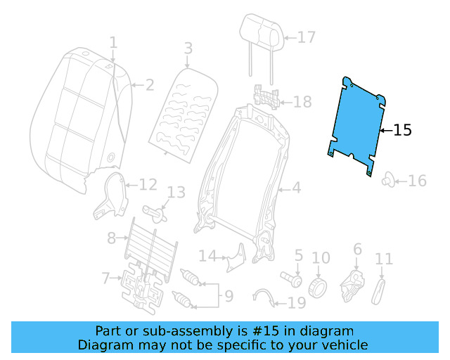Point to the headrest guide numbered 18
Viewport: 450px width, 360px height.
click(x=266, y=96)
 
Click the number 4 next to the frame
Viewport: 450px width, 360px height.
click(x=296, y=188)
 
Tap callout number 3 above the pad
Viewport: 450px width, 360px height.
click(x=188, y=49)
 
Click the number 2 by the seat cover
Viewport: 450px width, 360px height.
click(x=149, y=86)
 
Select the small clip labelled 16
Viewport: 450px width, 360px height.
click(x=387, y=181)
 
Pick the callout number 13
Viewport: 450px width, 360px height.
click(x=176, y=192)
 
